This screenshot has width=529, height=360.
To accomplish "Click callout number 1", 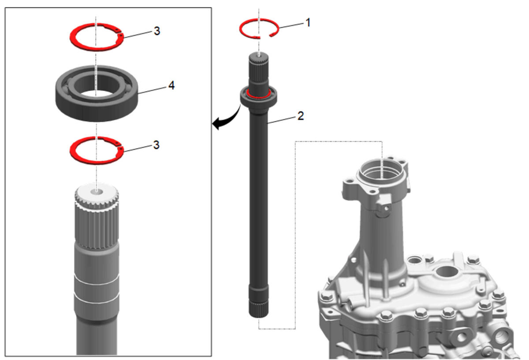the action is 308,22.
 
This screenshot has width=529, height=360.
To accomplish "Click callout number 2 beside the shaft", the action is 300,116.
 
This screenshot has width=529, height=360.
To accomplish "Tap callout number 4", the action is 171,85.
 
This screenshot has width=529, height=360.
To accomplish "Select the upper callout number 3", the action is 157,31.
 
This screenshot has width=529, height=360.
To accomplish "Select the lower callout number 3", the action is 156,145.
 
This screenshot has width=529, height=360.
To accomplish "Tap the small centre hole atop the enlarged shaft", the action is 97,193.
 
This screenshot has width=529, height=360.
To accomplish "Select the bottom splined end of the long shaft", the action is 259,308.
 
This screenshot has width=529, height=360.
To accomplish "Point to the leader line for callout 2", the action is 282,120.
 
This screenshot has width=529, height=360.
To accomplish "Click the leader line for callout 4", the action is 153,90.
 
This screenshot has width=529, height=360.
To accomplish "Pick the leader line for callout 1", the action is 291,26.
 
